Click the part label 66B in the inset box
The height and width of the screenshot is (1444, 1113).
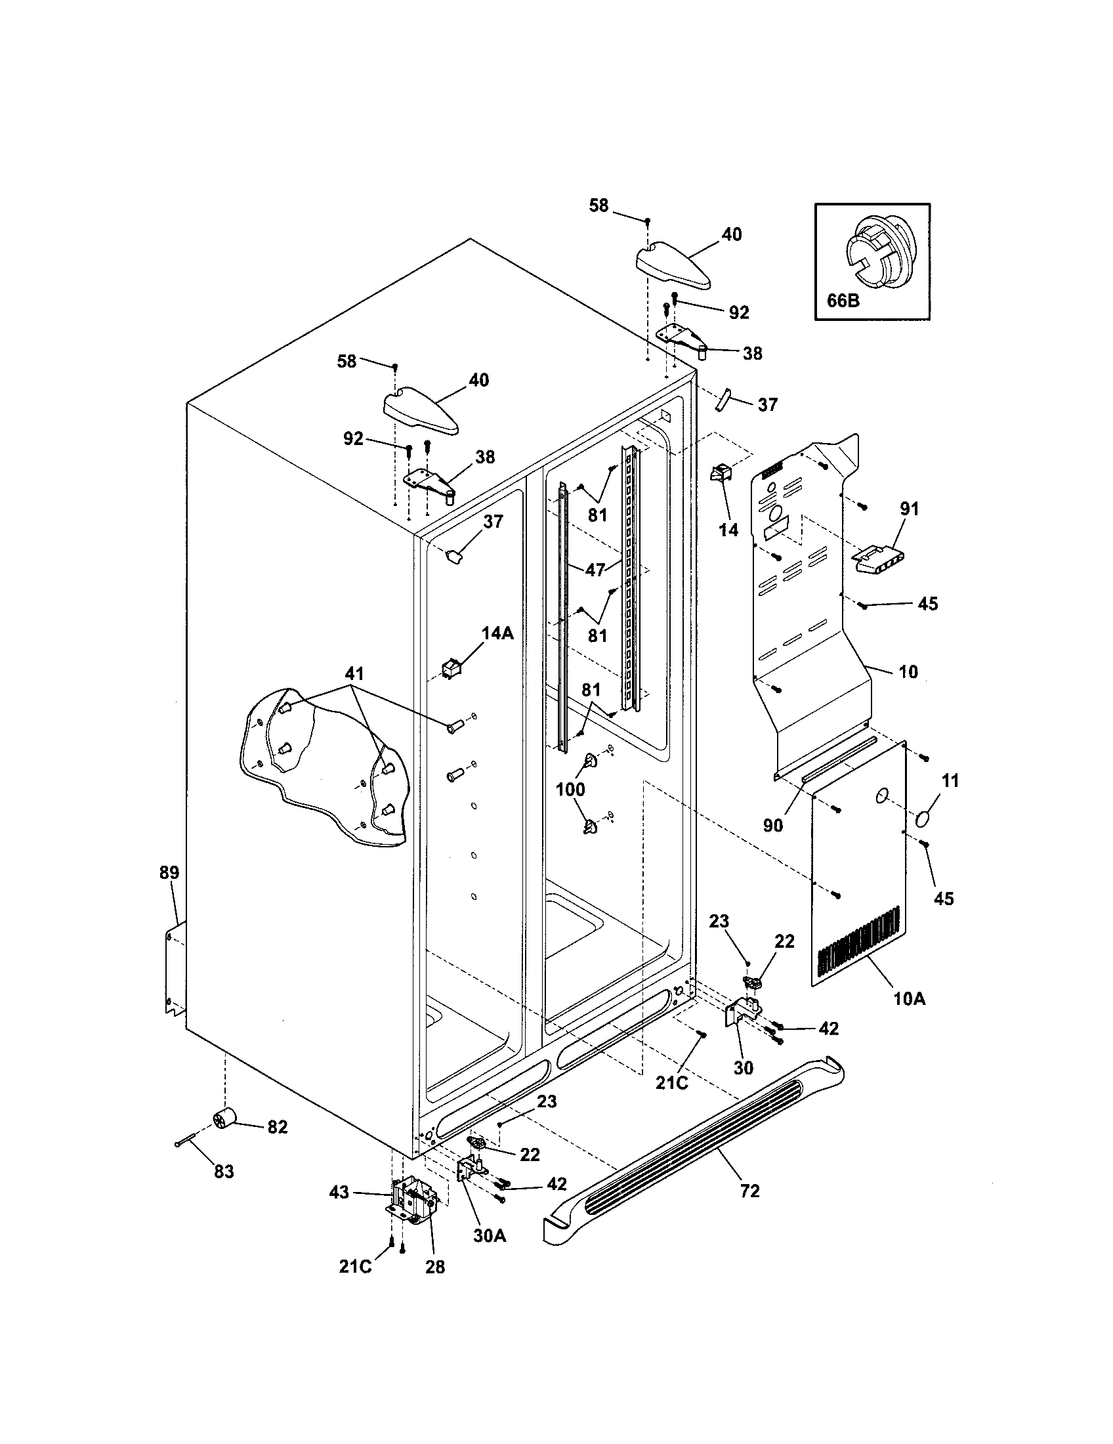(x=843, y=300)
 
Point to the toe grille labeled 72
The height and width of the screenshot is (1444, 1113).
(x=694, y=1150)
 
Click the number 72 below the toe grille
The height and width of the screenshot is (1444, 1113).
(x=749, y=1191)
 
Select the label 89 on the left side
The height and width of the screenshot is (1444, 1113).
(x=169, y=872)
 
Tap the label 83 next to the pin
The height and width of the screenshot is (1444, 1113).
(x=224, y=1172)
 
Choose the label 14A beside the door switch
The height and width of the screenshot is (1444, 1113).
(x=497, y=633)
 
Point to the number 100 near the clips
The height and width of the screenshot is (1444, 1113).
(x=570, y=789)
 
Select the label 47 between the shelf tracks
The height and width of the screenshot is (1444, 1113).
(x=595, y=569)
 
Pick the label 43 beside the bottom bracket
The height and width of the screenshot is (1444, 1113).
(x=339, y=1193)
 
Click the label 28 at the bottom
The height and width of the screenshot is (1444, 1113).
(x=435, y=1266)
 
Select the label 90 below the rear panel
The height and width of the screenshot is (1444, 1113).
(x=772, y=824)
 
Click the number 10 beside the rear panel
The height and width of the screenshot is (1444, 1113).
(x=909, y=671)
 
